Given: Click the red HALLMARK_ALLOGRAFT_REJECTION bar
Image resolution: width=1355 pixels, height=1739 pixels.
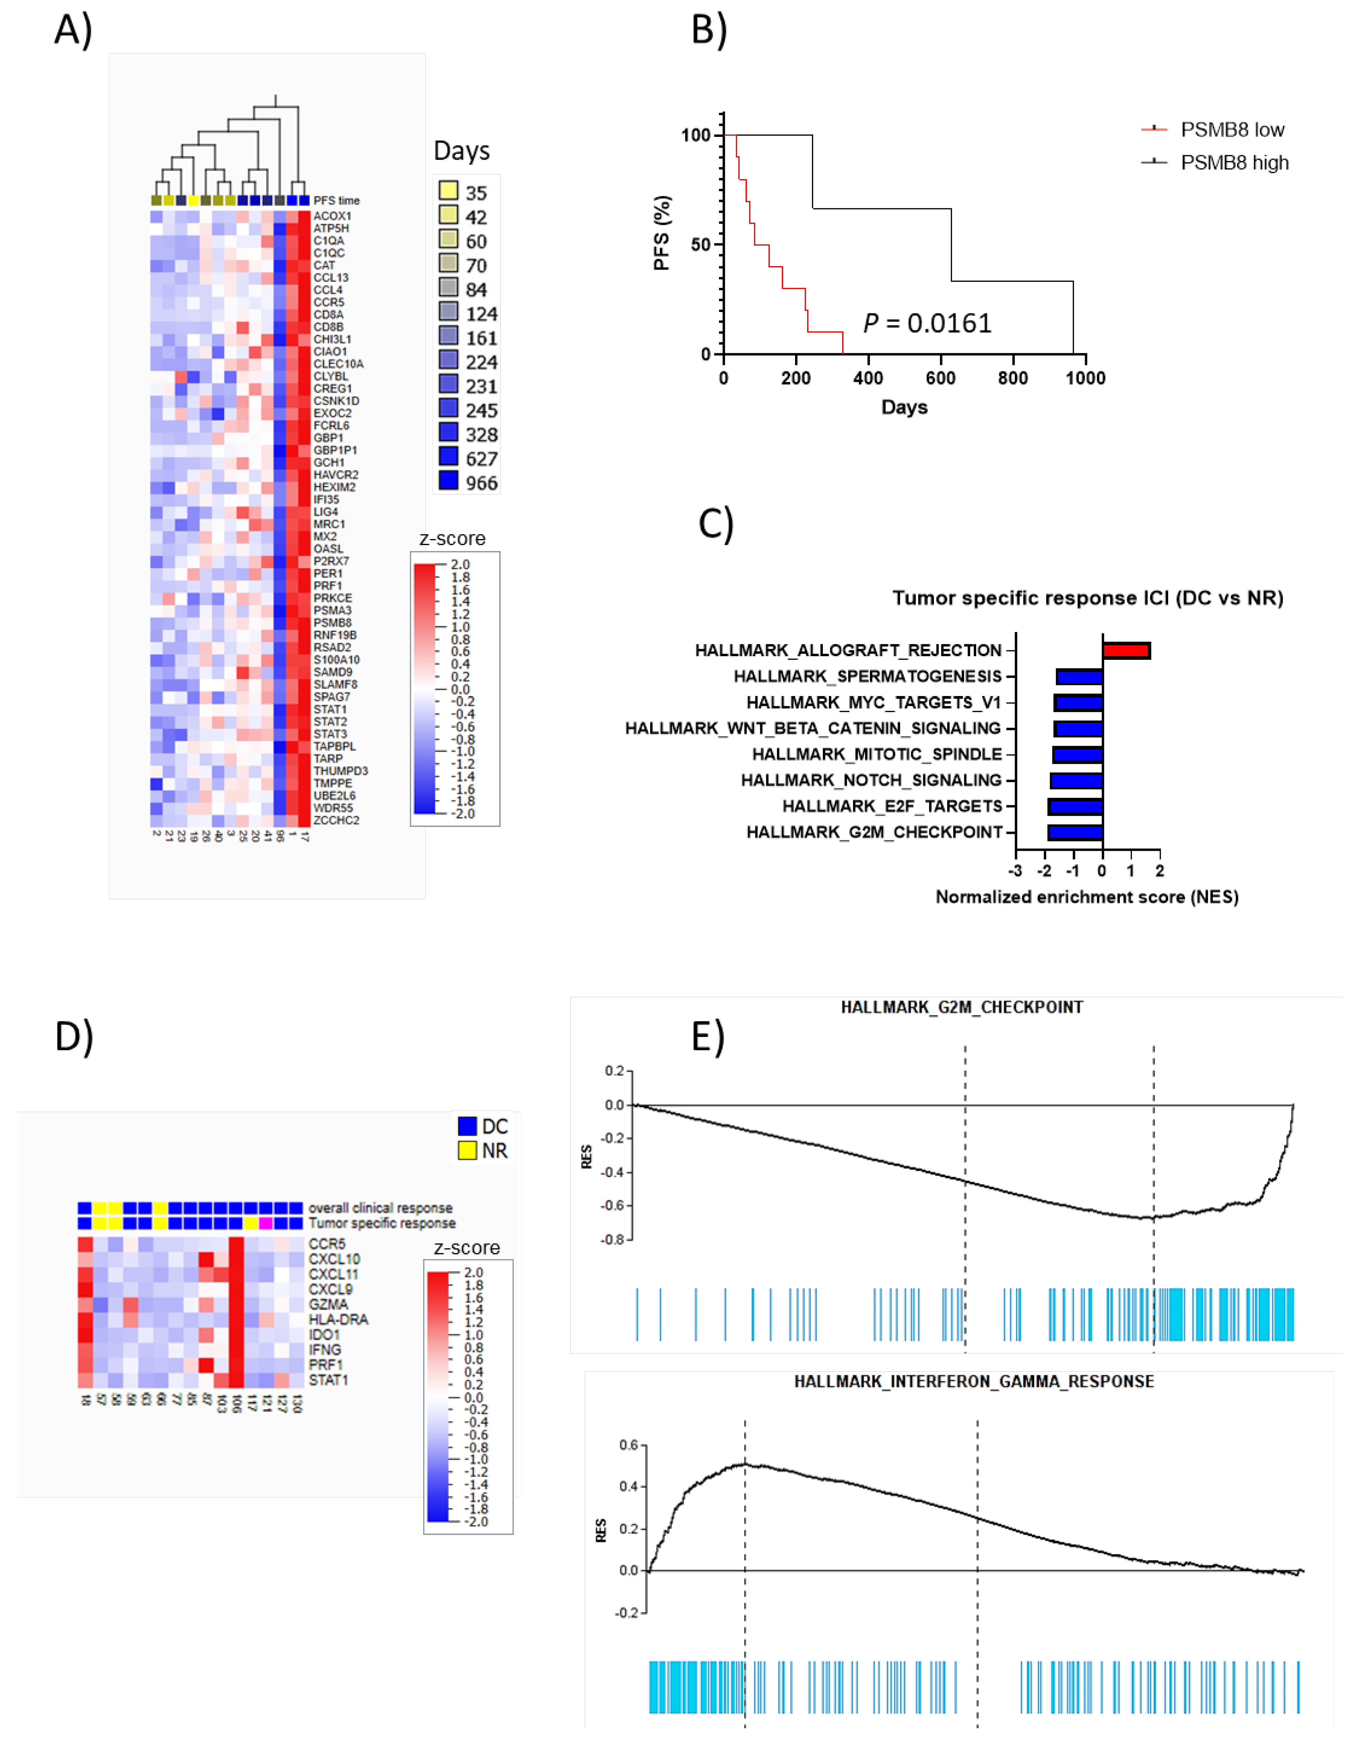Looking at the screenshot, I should (1126, 650).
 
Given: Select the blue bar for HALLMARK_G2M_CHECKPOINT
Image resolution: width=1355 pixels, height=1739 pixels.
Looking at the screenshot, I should (1075, 832).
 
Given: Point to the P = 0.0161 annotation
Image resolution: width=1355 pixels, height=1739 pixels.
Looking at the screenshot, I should (927, 323).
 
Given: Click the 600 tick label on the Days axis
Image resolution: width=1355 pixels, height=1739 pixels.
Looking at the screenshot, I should (940, 378).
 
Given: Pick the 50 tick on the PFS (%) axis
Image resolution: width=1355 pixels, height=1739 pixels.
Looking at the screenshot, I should (700, 245).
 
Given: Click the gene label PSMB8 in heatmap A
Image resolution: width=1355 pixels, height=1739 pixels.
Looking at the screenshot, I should (332, 623).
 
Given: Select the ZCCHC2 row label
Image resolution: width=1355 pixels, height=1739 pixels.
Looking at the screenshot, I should (336, 820).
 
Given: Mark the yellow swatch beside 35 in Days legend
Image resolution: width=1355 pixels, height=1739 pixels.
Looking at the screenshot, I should (448, 190).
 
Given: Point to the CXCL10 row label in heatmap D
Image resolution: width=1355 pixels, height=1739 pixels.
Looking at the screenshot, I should (334, 1259).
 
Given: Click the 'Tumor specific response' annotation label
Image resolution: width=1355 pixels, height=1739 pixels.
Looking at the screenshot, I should (382, 1223).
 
